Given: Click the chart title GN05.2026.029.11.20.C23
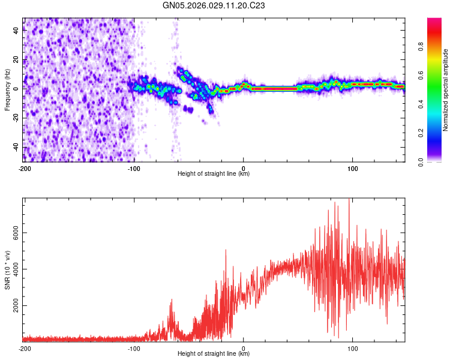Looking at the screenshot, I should pyautogui.click(x=214, y=5).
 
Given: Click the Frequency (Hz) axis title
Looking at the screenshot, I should pyautogui.click(x=7, y=90).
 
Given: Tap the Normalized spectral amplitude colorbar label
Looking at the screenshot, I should pyautogui.click(x=446, y=90).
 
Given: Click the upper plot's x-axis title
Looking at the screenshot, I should pyautogui.click(x=214, y=174).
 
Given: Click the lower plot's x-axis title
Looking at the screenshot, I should pyautogui.click(x=214, y=354).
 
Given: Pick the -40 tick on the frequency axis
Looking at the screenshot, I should pyautogui.click(x=15, y=147).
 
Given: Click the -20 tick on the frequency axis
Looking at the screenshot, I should pyautogui.click(x=15, y=118).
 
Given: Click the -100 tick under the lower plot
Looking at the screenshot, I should pyautogui.click(x=134, y=348).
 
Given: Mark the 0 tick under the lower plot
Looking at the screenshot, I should pyautogui.click(x=244, y=348).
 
